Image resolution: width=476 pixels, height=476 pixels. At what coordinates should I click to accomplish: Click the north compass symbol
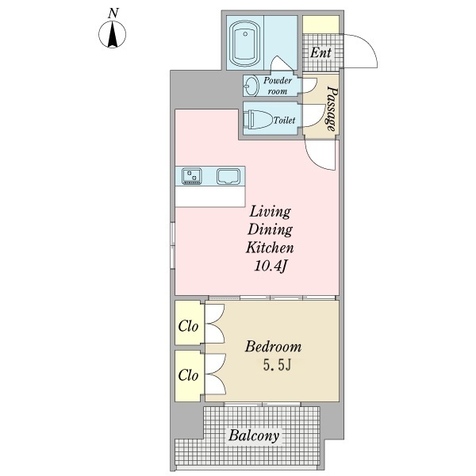point(113,34)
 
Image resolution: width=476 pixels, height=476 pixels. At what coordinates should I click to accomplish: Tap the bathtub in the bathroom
point(245,44)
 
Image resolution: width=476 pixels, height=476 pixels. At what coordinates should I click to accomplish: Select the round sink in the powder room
point(251,86)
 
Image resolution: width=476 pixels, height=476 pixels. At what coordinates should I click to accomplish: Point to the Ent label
point(321,52)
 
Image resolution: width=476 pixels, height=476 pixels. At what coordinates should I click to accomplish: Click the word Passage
point(332,109)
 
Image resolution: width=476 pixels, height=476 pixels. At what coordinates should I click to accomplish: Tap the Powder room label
point(278,86)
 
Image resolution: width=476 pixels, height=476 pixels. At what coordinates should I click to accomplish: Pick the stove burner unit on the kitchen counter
point(191,176)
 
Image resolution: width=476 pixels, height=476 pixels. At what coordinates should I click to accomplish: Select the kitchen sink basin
point(228,177)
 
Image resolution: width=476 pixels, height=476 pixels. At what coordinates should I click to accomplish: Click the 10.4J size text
point(271,267)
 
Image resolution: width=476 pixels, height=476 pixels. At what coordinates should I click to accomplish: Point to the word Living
point(270,212)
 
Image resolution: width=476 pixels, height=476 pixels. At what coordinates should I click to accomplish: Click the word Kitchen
point(270,248)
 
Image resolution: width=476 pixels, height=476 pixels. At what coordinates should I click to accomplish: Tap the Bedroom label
point(273,347)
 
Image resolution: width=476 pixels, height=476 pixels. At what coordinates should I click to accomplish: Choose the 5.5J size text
point(277,366)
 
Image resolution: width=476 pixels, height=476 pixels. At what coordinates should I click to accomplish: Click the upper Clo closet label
point(188,327)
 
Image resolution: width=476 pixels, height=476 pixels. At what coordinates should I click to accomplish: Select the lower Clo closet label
point(188,375)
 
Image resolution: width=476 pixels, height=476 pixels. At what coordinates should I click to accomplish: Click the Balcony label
point(254,436)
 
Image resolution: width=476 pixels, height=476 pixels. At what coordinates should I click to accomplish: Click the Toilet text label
point(284,121)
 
